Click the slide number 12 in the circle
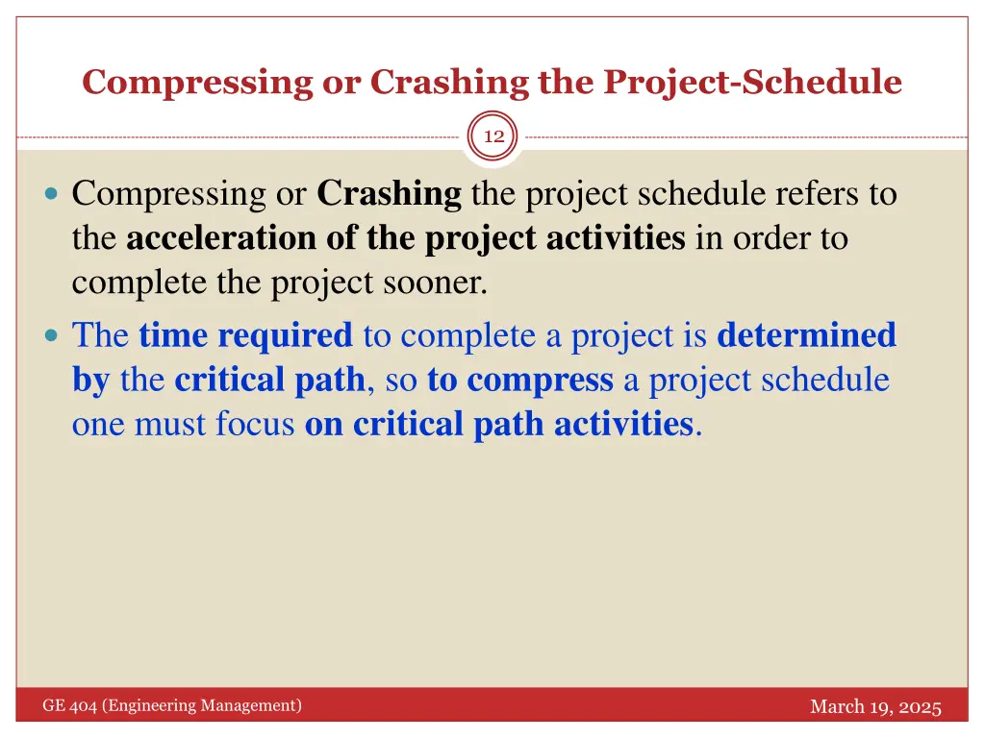[493, 137]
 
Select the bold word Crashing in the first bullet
[389, 194]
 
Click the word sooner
[438, 283]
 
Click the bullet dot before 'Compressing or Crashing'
[52, 195]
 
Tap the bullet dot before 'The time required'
[52, 336]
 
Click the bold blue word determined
[806, 335]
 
